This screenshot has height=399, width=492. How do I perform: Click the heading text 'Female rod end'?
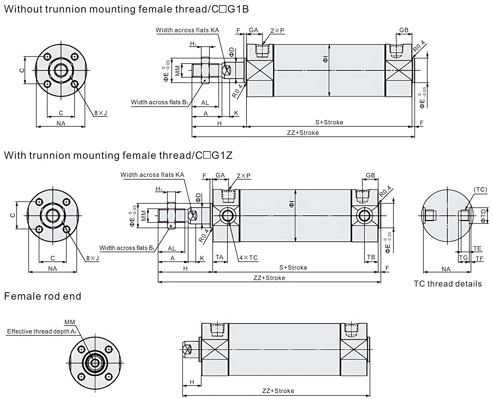pos(43,296)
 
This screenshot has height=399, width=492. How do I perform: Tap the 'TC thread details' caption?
pos(447,284)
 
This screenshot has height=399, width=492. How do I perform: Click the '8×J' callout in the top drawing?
pos(100,113)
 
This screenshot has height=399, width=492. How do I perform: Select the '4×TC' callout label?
pos(248,258)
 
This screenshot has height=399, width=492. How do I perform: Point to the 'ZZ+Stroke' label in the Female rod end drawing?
pos(278,391)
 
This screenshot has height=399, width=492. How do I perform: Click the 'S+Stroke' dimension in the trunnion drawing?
pos(293,267)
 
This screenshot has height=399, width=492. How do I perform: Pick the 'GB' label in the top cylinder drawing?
pos(404,30)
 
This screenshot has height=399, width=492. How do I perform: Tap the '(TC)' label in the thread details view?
pos(480,190)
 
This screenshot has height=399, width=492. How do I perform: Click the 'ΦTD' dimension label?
pos(484,216)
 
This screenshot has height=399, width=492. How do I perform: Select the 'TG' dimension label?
pos(463,257)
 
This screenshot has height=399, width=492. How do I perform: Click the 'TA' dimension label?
pos(220,257)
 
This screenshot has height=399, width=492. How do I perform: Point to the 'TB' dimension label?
pos(371,257)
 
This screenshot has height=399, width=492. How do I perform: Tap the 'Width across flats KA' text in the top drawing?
pos(187,30)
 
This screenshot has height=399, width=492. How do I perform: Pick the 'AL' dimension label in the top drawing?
pos(205,103)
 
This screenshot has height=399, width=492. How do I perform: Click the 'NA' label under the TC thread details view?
pos(446,269)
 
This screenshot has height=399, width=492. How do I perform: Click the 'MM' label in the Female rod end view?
pos(70,322)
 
